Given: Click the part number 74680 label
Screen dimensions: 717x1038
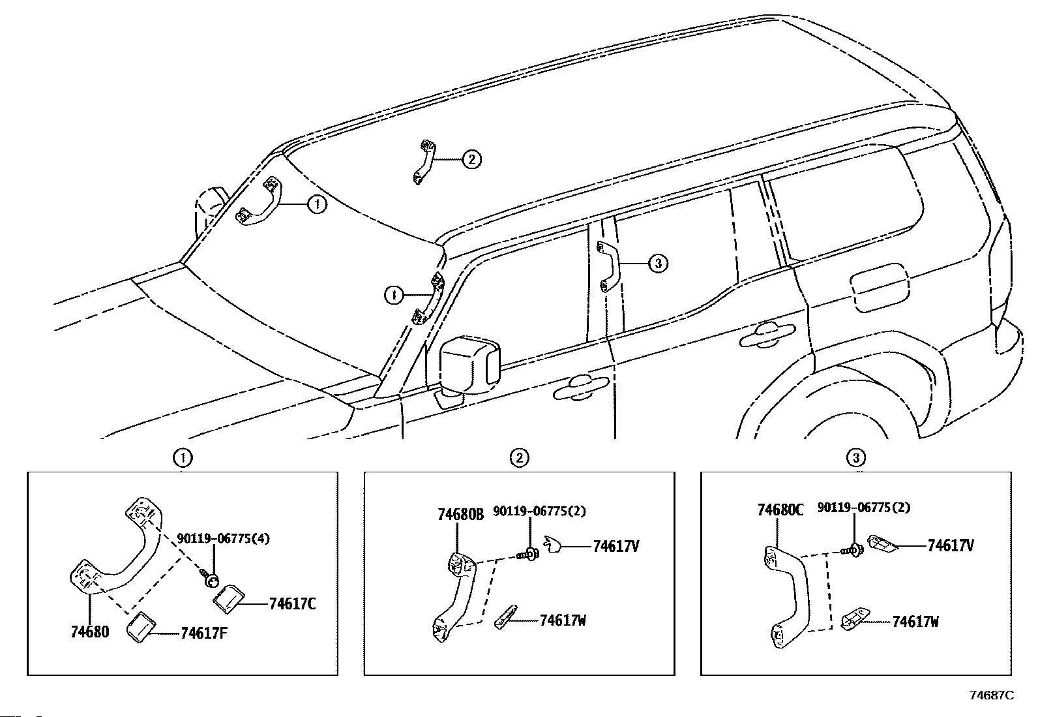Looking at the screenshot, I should pyautogui.click(x=89, y=632).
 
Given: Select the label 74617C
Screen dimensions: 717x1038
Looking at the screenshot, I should pyautogui.click(x=292, y=604).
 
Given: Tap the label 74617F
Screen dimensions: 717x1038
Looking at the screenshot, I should pyautogui.click(x=203, y=633).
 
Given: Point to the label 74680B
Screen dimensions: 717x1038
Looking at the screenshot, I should pyautogui.click(x=460, y=514).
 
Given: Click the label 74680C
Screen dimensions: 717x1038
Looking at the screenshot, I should pyautogui.click(x=780, y=510).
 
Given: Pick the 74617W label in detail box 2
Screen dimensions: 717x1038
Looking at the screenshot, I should pyautogui.click(x=562, y=620).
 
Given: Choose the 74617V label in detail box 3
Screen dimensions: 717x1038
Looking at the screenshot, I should pyautogui.click(x=951, y=545).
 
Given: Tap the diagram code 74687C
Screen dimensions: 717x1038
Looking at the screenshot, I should pyautogui.click(x=992, y=695).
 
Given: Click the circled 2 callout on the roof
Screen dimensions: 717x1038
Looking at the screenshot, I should pyautogui.click(x=471, y=159).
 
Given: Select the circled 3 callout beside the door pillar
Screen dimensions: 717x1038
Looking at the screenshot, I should pyautogui.click(x=659, y=264).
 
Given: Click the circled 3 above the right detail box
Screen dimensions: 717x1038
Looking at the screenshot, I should pyautogui.click(x=856, y=458).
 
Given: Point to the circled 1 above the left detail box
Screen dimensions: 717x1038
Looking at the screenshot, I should pyautogui.click(x=183, y=458).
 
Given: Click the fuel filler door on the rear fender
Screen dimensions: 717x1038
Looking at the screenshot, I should pyautogui.click(x=880, y=288).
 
